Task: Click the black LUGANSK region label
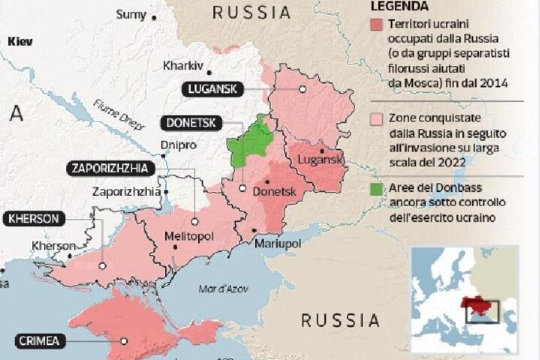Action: coord(212,88)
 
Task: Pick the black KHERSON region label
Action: coord(34,219)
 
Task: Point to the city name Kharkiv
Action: coord(183,65)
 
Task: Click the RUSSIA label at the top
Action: coord(251,12)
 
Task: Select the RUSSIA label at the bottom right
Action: coord(340,320)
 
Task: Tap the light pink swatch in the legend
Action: coord(376,118)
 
